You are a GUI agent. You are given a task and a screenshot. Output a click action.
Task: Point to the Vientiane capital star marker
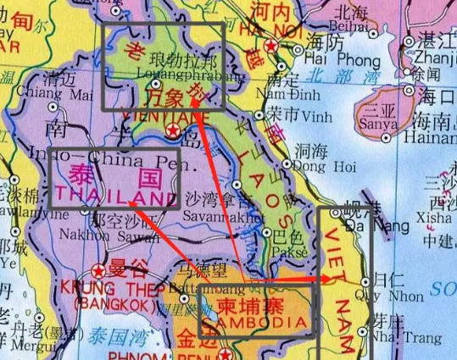click(x=174, y=130)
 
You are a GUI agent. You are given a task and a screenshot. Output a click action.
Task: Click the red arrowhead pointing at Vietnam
click(x=331, y=279)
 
